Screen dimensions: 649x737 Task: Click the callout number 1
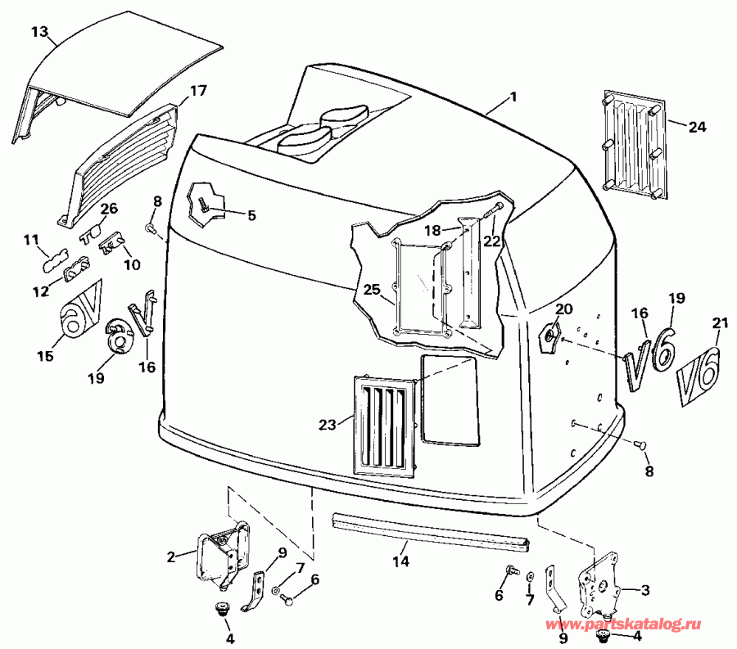513,97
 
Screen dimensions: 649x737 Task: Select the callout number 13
39,34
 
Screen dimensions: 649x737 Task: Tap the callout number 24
697,127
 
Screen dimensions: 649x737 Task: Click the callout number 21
719,324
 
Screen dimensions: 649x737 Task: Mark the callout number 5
251,216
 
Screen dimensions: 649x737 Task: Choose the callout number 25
373,290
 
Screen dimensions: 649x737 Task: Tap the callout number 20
563,309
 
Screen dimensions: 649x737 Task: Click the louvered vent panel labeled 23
385,426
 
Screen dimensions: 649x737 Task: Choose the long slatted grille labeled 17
123,164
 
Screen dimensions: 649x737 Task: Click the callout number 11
31,240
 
